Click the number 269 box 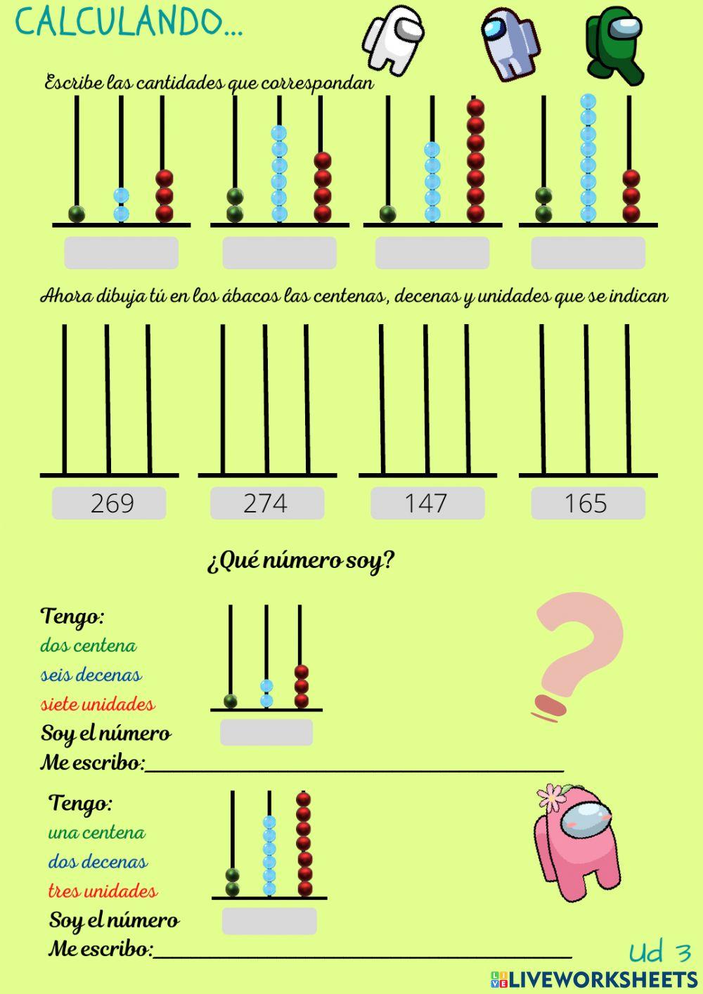point(109,503)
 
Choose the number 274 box point(266,503)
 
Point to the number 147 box point(427,503)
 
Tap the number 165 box point(587,503)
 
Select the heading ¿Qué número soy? point(301,561)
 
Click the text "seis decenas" point(91,675)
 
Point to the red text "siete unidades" point(97,704)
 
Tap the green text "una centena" point(96,833)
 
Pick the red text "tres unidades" point(103,891)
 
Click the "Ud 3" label point(659,953)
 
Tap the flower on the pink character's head point(554,796)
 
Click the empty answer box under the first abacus point(121,253)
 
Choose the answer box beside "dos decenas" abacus point(269,920)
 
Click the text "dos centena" point(88,645)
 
